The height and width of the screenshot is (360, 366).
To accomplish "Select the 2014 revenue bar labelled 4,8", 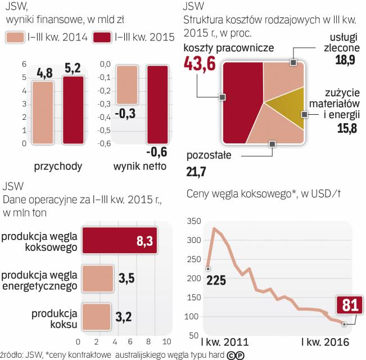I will (42, 112).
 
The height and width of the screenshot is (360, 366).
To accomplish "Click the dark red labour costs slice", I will (242, 101).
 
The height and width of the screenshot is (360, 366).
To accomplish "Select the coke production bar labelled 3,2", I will (97, 317).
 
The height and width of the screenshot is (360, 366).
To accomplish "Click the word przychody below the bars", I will (59, 166).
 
